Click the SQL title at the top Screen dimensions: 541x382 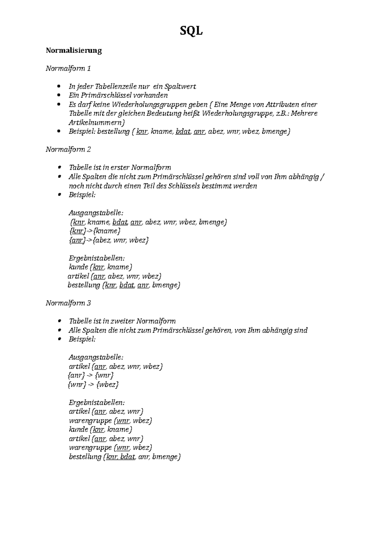point(191,31)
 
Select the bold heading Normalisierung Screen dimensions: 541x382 point(74,50)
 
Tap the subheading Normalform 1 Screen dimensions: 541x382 point(68,69)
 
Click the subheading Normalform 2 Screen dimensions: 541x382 point(68,149)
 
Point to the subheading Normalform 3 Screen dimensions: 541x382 point(68,303)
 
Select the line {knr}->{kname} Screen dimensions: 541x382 point(95,231)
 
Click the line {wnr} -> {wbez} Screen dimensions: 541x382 point(94,385)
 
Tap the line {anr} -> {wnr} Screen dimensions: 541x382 point(91,375)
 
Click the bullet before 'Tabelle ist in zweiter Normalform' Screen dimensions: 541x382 point(59,321)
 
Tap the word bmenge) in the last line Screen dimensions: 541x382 point(166,457)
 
